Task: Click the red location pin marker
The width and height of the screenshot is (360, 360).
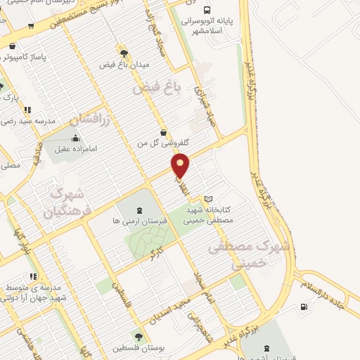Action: tap(181, 166)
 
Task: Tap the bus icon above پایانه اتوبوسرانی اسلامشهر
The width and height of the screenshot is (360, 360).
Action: tap(206, 10)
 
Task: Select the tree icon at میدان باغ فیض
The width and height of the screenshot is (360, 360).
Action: tap(124, 53)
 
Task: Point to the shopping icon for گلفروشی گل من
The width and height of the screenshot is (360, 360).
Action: tap(164, 131)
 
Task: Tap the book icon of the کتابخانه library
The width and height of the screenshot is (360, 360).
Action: tap(207, 199)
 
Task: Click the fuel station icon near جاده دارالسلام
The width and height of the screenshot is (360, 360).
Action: tap(303, 306)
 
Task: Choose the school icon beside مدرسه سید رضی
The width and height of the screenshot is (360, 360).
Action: tap(27, 110)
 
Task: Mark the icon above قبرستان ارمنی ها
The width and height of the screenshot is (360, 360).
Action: tap(139, 210)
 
